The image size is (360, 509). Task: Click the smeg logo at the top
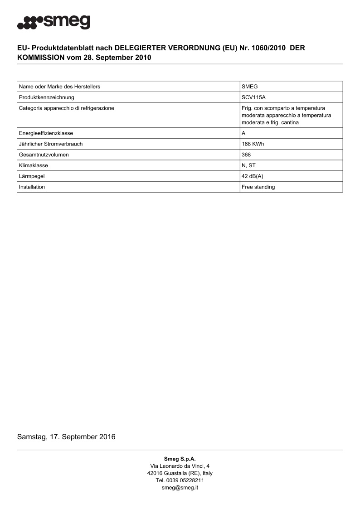tap(53, 22)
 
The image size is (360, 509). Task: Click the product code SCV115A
tap(253, 97)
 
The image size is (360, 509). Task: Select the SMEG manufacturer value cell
tap(250, 87)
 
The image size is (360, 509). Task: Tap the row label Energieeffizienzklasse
tap(46, 133)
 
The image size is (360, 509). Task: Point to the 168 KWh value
tap(253, 144)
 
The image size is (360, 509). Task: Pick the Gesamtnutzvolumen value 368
tap(247, 155)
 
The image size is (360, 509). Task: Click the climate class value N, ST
tap(248, 165)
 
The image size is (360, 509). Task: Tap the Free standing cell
tap(258, 187)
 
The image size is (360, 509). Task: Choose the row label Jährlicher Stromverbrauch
tap(51, 144)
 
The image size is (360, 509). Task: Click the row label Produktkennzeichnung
tap(46, 97)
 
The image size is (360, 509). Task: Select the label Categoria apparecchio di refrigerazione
tap(66, 108)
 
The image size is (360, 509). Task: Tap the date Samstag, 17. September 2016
tap(66, 437)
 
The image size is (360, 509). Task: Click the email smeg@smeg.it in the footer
tap(180, 488)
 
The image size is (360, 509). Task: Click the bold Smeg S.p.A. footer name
tap(180, 459)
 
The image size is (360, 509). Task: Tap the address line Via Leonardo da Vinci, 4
tap(180, 466)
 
